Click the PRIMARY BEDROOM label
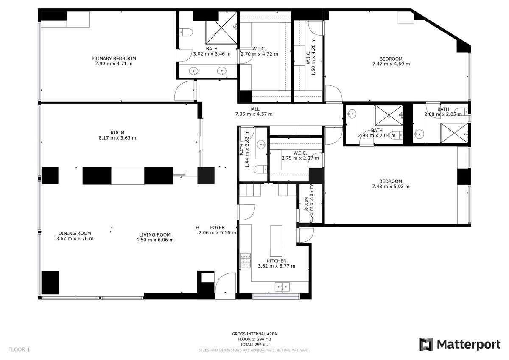(x=114, y=59)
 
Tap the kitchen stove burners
(x=246, y=260)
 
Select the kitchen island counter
(x=276, y=241)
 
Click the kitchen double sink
(x=282, y=287)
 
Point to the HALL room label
(x=254, y=109)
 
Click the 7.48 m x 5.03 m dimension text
(x=391, y=187)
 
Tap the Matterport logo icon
(x=426, y=344)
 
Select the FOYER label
(x=217, y=227)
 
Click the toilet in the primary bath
(x=186, y=33)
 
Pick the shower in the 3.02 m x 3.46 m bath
(x=221, y=28)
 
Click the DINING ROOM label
(x=75, y=233)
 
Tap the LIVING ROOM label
(x=155, y=234)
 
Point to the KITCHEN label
(x=277, y=261)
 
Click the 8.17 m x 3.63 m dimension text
(x=117, y=138)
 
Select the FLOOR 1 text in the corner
(x=19, y=349)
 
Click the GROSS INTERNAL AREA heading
(x=255, y=334)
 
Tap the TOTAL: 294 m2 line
(x=255, y=344)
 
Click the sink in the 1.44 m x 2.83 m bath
(x=262, y=145)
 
